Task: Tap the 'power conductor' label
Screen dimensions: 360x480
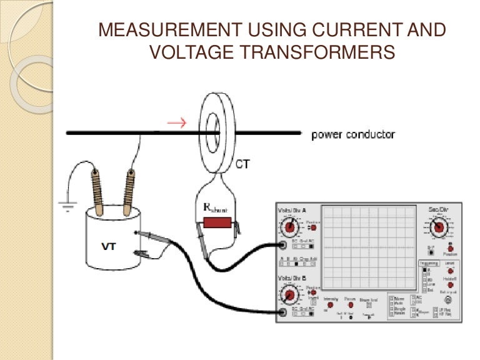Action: pos(353,134)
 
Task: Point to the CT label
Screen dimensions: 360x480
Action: pos(244,164)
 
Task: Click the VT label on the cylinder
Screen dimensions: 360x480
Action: pos(109,246)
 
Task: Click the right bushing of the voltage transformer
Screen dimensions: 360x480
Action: pos(129,186)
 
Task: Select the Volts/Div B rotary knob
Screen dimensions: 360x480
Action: pos(289,295)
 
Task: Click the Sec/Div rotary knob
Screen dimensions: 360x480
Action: pos(438,227)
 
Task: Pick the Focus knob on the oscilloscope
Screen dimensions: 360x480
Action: pos(351,305)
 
